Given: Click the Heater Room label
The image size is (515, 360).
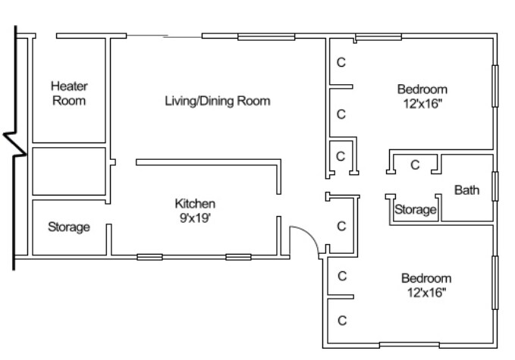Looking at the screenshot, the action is [x=68, y=93].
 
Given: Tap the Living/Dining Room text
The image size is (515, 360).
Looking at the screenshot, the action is [x=217, y=101].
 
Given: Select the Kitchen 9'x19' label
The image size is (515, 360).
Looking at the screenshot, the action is [x=196, y=210].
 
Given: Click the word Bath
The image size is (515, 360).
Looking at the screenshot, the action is [x=466, y=190].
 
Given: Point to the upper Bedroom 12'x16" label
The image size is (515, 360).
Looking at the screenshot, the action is [x=422, y=95].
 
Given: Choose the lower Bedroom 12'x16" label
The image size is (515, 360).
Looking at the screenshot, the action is [x=426, y=284].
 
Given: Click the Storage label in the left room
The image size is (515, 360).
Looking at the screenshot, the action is [x=69, y=227].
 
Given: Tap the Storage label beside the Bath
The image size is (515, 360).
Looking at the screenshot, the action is [x=416, y=210].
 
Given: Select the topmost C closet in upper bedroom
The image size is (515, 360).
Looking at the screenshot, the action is [x=341, y=62].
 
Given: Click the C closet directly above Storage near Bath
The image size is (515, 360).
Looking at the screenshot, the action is [x=415, y=164].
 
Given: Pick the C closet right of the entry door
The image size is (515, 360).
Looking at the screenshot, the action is [x=341, y=226].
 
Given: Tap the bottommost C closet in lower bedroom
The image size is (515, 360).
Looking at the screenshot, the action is [x=341, y=319].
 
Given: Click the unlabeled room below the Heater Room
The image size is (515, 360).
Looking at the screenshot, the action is [x=68, y=171].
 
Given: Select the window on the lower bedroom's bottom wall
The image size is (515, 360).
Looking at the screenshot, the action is [x=408, y=346].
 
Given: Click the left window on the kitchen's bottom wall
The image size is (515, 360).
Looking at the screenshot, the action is [x=149, y=257].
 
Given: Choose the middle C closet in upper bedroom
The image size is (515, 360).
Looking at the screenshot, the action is [x=341, y=114].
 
